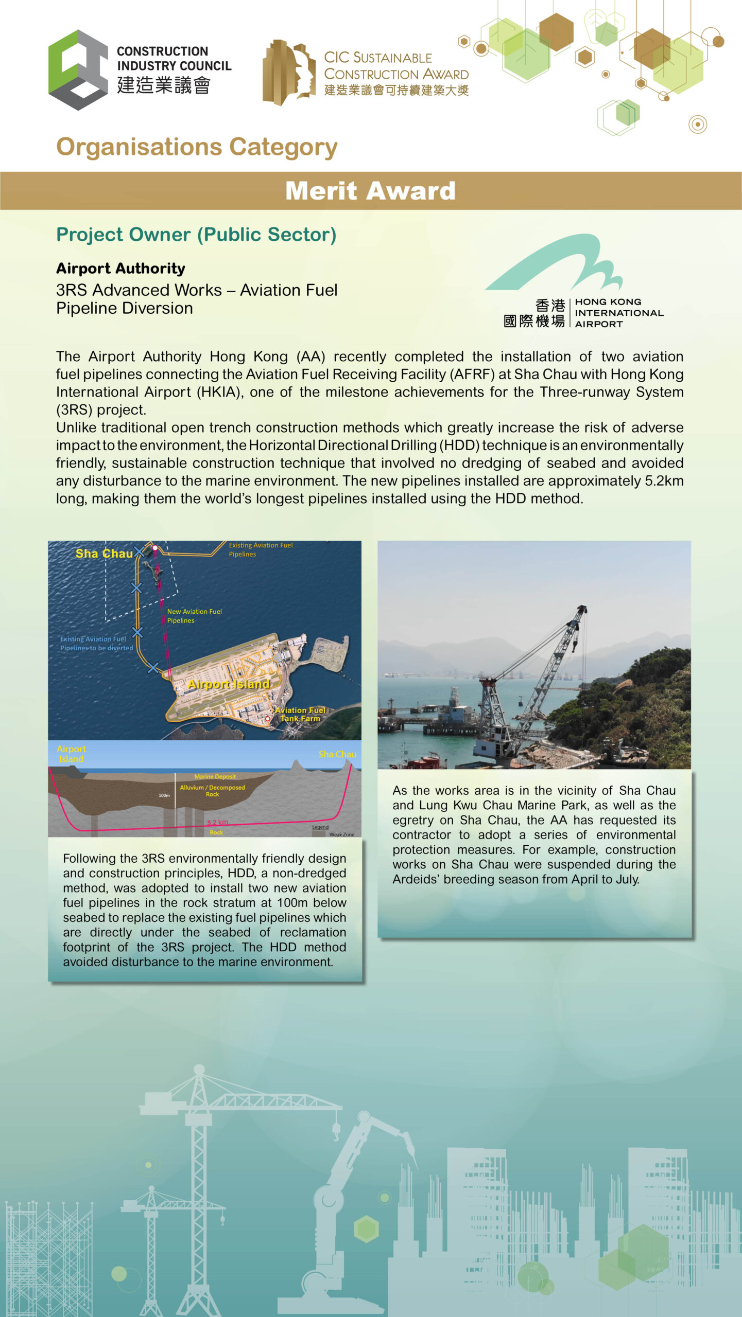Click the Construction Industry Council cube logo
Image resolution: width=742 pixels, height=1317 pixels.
coord(78,70)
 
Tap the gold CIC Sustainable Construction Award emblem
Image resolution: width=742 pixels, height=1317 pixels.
coord(288,72)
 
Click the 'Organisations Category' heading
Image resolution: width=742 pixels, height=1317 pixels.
coord(197,147)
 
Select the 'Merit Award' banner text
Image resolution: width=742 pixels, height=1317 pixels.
coord(370,191)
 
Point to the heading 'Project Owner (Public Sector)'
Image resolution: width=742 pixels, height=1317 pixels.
coord(196,235)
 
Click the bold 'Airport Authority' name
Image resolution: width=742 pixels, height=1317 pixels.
coord(120,269)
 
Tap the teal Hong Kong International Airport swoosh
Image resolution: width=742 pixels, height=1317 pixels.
coord(556,262)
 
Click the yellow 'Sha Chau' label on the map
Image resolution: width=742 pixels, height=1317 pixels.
coord(104,554)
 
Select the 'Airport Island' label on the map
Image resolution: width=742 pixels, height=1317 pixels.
coord(229,684)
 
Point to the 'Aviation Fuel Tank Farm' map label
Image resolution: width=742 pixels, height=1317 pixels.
coord(300,714)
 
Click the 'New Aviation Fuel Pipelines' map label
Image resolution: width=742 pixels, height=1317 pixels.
coord(194,616)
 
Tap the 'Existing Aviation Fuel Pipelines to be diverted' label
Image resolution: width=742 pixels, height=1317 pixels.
coord(96,644)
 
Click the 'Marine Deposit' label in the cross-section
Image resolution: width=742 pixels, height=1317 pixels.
coord(215,776)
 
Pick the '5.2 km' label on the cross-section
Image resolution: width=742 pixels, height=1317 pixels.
coord(217,822)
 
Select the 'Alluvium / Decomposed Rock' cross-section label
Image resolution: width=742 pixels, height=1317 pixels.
coord(212,791)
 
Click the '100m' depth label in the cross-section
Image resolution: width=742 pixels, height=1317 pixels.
coord(164,795)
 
